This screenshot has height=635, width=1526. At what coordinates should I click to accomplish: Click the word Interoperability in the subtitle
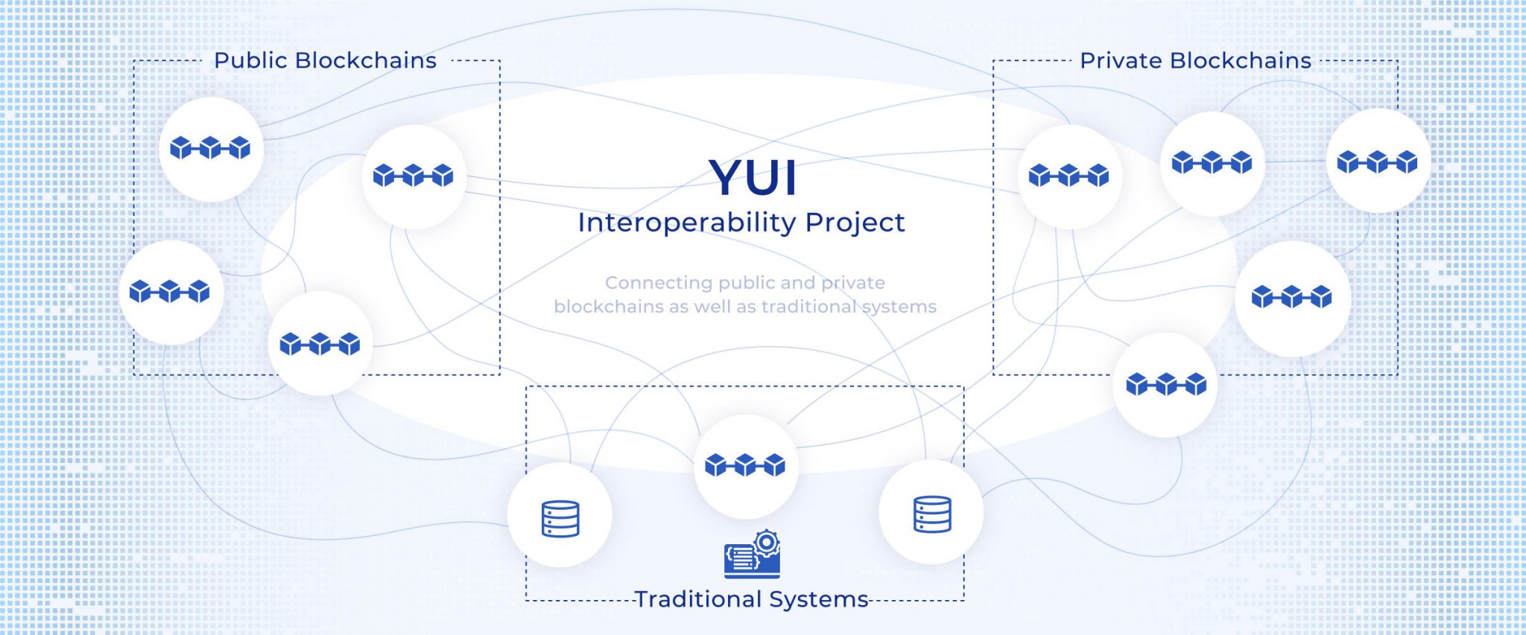pyautogui.click(x=687, y=223)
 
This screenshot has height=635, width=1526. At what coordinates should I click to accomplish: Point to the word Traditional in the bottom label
pyautogui.click(x=697, y=599)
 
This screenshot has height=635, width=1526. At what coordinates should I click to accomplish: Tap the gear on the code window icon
pyautogui.click(x=766, y=543)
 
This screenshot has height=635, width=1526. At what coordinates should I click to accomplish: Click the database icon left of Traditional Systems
pyautogui.click(x=560, y=518)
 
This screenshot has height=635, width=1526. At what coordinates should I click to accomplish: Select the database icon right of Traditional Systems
pyautogui.click(x=932, y=514)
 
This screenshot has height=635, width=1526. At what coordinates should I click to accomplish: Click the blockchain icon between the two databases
pyautogui.click(x=745, y=465)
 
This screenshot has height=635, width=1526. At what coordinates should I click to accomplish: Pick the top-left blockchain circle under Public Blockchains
pyautogui.click(x=211, y=148)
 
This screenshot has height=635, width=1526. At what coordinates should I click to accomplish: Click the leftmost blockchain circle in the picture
pyautogui.click(x=170, y=291)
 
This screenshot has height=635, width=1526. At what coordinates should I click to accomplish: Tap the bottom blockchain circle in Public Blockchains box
pyautogui.click(x=320, y=344)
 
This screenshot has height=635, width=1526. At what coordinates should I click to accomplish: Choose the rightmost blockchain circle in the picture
pyautogui.click(x=1377, y=162)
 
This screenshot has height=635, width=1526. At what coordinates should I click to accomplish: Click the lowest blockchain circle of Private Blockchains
pyautogui.click(x=1166, y=384)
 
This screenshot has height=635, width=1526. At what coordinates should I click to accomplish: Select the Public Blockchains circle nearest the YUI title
pyautogui.click(x=414, y=176)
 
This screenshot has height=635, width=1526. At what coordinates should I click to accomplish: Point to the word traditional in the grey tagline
pyautogui.click(x=808, y=307)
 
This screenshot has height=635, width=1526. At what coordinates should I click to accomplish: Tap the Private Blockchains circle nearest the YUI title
pyautogui.click(x=1068, y=176)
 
